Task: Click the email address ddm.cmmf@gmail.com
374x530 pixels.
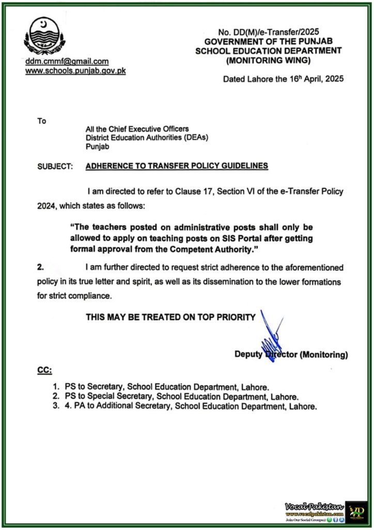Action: (67, 61)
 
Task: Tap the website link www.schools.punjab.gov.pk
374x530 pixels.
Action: (75, 70)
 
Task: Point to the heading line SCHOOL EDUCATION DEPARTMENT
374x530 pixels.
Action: (269, 50)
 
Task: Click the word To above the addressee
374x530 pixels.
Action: (42, 121)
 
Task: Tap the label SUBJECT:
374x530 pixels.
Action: (55, 166)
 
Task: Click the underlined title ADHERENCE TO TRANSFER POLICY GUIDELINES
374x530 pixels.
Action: (177, 166)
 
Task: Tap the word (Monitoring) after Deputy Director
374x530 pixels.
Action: (324, 355)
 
